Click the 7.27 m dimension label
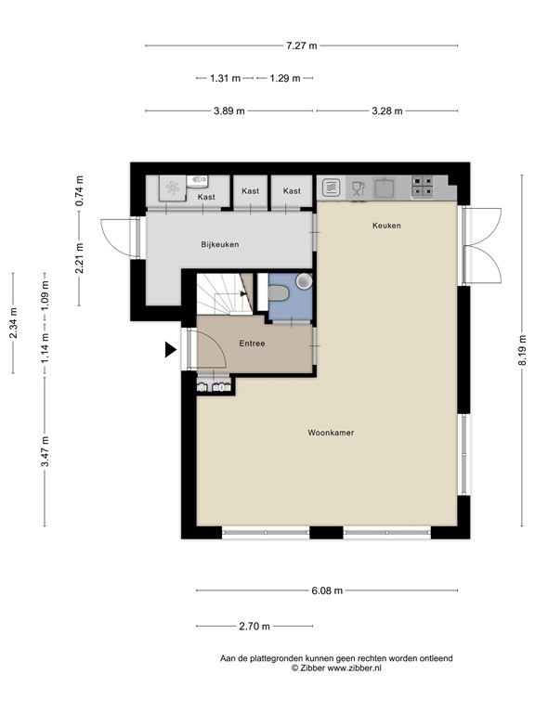point(301,45)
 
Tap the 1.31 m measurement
point(225,78)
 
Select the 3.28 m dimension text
point(386,111)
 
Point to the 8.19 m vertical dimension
point(521,350)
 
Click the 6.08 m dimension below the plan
point(326,590)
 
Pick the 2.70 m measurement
point(254,626)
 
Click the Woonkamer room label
point(332,433)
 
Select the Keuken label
point(386,226)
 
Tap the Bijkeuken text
point(220,245)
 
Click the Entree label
point(252,344)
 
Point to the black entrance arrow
point(170,350)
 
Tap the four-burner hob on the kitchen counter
point(423,187)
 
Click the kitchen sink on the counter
point(387,187)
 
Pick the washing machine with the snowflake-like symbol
point(173,188)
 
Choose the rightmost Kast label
point(292,191)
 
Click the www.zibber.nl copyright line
point(336,668)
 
